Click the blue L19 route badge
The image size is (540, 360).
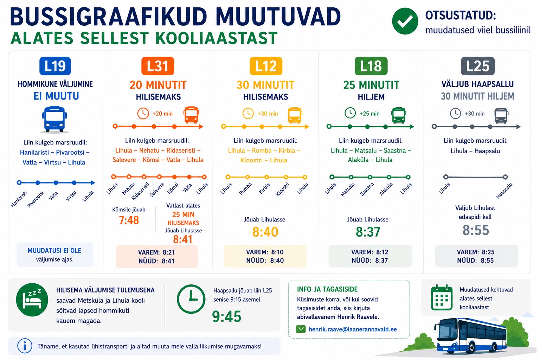click(55, 66)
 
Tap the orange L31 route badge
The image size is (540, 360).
click(157, 66)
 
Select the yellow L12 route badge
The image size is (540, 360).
click(266, 66)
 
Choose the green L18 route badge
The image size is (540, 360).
click(371, 66)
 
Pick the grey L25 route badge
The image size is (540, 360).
click(477, 66)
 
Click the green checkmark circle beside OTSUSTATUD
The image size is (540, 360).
click(405, 21)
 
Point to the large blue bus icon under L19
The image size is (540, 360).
click(54, 119)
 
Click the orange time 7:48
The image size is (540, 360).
click(129, 220)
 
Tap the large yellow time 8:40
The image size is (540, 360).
click(265, 232)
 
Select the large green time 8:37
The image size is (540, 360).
click(368, 232)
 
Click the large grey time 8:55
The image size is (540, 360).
click(476, 230)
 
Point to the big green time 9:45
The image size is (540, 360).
click(227, 316)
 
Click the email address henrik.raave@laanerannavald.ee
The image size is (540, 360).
click(353, 329)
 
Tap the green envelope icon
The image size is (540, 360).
click(301, 329)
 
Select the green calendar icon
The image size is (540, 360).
click(442, 297)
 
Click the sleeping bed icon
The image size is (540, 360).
click(32, 300)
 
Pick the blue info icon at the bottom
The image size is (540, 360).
click(25, 346)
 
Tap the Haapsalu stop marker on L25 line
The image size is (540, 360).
click(505, 177)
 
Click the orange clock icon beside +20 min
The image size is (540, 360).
click(143, 113)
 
